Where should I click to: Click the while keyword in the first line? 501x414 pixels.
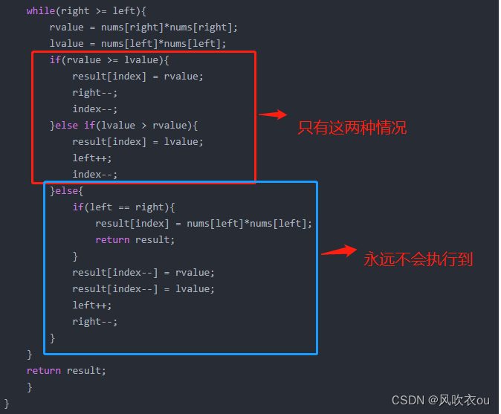41,10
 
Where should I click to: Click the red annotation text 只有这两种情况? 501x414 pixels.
352,128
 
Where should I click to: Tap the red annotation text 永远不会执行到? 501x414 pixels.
418,259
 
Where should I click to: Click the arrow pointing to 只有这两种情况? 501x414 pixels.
273,114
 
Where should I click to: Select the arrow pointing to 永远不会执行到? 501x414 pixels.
339,252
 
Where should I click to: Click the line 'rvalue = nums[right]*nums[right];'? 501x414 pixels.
143,28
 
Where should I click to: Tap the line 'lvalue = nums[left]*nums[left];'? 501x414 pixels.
138,44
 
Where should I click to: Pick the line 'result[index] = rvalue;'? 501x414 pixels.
138,77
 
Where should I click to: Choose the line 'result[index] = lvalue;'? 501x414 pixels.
138,141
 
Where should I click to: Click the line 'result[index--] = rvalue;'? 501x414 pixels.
143,272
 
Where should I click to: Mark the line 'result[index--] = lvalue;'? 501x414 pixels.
143,288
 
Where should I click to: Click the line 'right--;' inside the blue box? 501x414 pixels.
94,321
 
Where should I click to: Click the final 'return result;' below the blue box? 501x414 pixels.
66,370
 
